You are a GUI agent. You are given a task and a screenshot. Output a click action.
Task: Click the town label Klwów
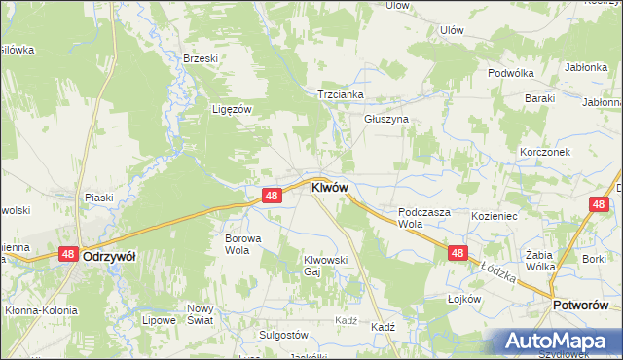coord(328,187)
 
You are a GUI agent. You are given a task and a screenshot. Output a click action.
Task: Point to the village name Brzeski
coord(201,58)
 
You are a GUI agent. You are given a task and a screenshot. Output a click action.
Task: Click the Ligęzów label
coord(233,109)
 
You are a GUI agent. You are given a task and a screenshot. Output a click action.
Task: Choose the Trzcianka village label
coord(340,94)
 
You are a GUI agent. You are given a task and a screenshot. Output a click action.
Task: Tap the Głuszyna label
coord(386,119)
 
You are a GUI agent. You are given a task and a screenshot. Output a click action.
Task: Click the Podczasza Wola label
coord(422,217)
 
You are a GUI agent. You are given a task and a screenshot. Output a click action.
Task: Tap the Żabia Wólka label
coord(539,260)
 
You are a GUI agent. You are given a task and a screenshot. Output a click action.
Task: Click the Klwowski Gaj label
coord(325,266)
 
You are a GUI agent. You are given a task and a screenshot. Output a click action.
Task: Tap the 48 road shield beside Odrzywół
coord(67,253)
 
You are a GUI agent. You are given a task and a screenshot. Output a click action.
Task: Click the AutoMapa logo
coord(554,341)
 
